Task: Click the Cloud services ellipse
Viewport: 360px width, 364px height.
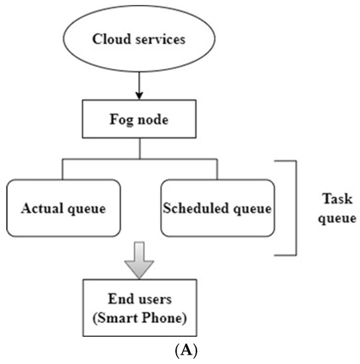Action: pos(139,38)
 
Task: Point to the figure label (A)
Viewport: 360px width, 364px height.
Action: pos(140,353)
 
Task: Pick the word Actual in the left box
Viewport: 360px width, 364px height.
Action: pos(41,208)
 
